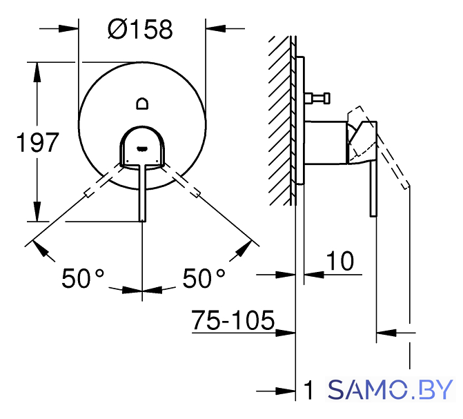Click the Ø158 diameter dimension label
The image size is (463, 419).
tap(140, 30)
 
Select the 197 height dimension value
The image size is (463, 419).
tap(37, 143)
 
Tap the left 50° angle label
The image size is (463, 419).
tap(83, 278)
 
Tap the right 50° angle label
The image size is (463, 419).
tap(204, 278)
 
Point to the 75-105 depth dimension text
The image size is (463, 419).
tap(233, 320)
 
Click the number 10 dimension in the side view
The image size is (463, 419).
tap(339, 261)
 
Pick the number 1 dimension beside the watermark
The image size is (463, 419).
tap(309, 390)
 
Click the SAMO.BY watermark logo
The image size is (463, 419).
tap(391, 389)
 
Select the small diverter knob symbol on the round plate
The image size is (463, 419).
tap(142, 104)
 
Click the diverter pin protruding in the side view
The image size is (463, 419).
tap(317, 98)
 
